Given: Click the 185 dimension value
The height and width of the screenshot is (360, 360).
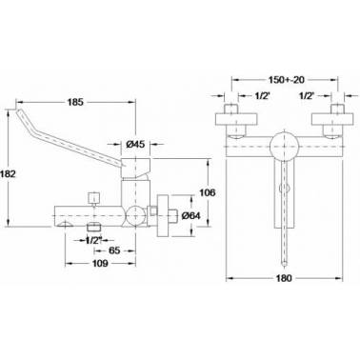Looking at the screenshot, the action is [75, 102].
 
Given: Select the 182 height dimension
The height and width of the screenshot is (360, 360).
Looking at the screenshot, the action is [8, 174].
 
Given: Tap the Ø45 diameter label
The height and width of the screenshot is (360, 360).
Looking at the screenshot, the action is [135, 144].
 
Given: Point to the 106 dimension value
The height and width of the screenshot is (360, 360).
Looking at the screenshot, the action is [207, 192].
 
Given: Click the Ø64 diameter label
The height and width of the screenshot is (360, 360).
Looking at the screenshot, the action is [190, 215].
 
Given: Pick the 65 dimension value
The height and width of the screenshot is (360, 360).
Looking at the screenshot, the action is [114, 250].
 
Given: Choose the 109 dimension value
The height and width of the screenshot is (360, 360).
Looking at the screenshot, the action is [100, 263].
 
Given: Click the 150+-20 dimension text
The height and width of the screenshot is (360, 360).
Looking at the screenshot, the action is [287, 80].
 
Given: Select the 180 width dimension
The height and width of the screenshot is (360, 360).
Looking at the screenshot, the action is [284, 278].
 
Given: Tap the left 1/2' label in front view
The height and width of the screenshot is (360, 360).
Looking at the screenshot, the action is [263, 95].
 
